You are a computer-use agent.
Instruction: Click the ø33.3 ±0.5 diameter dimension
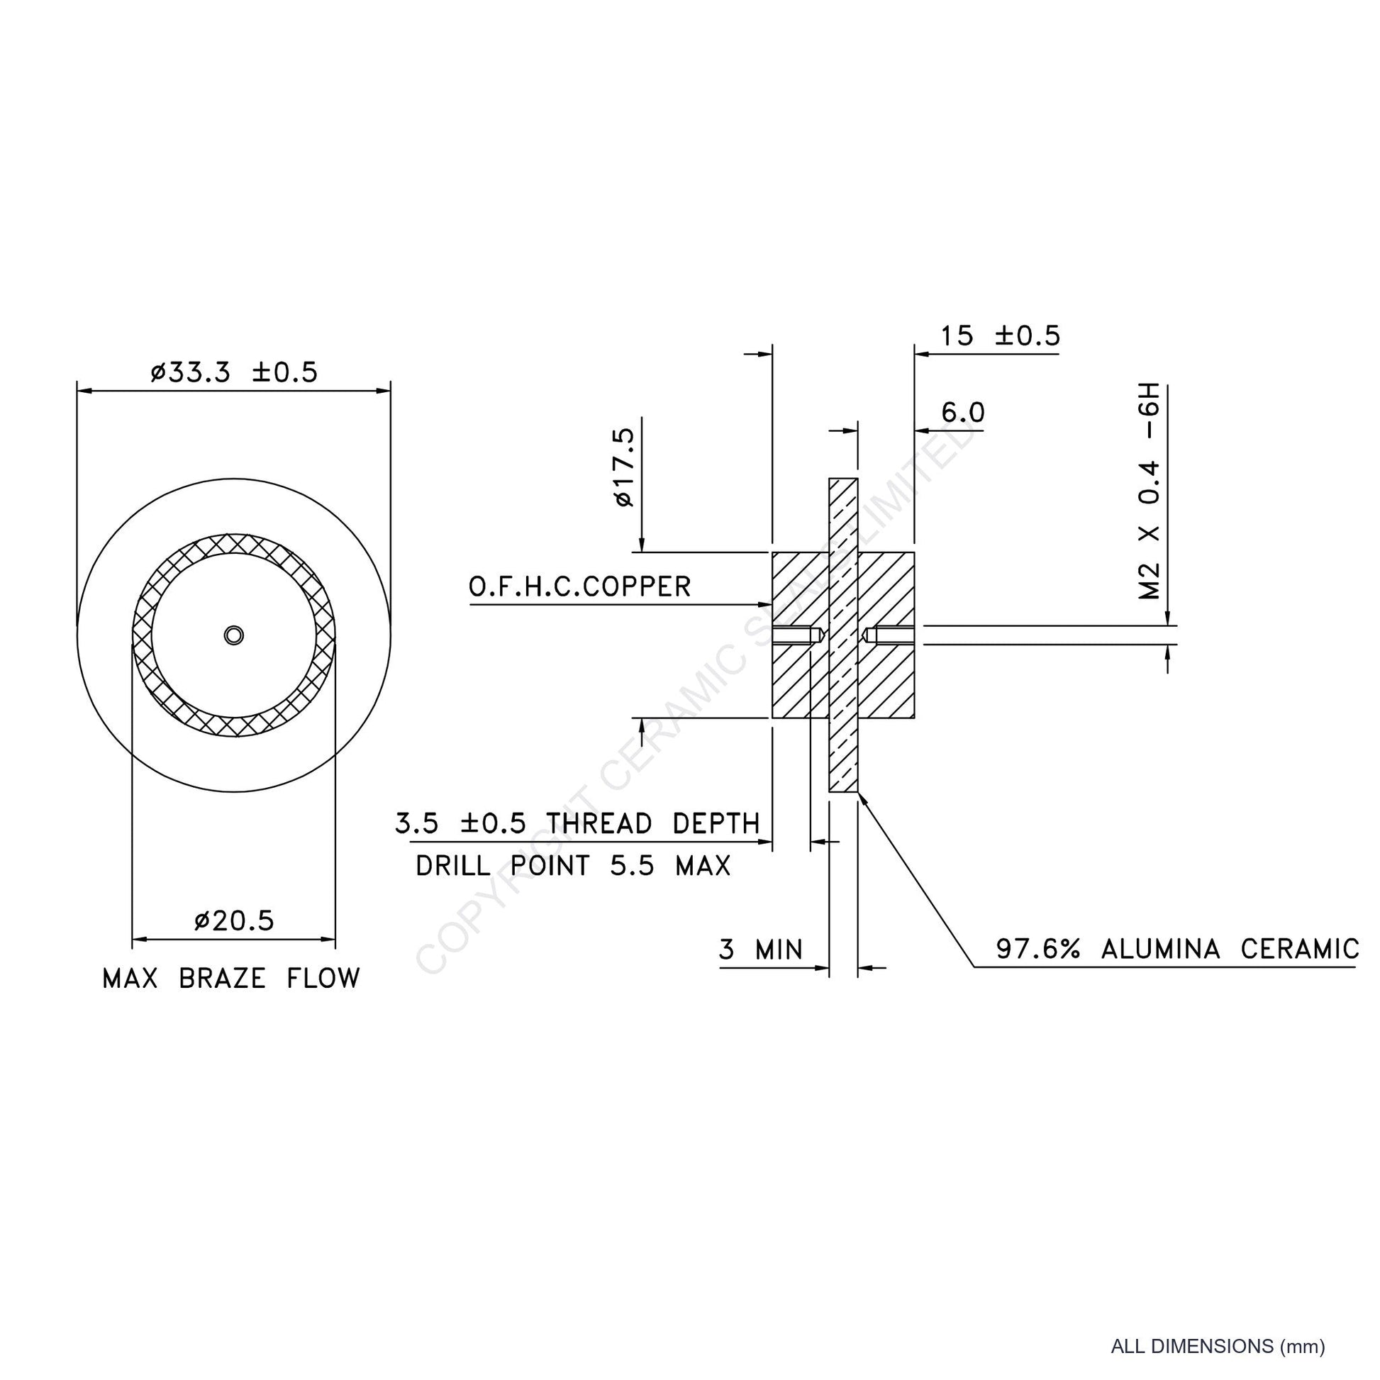pyautogui.click(x=233, y=373)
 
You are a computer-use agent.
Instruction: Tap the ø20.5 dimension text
pyautogui.click(x=233, y=921)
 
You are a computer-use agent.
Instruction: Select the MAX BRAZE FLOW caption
pyautogui.click(x=231, y=979)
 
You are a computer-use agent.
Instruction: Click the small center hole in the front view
pyautogui.click(x=233, y=635)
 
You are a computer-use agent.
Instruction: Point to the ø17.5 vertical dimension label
pyautogui.click(x=623, y=467)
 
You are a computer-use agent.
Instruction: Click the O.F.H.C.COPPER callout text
pyautogui.click(x=580, y=587)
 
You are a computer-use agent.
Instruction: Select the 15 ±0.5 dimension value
pyautogui.click(x=1000, y=335)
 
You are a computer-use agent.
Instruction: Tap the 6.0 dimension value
pyautogui.click(x=963, y=413)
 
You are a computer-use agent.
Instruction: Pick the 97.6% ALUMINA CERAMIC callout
pyautogui.click(x=1178, y=950)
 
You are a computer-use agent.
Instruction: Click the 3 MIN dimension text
pyautogui.click(x=761, y=950)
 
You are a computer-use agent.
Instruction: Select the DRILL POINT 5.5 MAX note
pyautogui.click(x=574, y=867)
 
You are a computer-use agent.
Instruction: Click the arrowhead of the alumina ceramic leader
pyautogui.click(x=862, y=796)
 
